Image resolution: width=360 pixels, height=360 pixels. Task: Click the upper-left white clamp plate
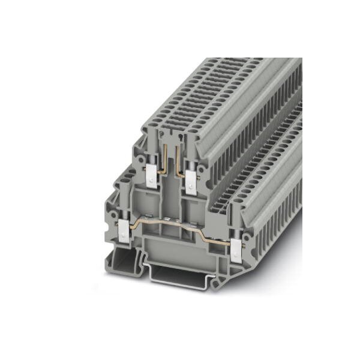(x=151, y=175)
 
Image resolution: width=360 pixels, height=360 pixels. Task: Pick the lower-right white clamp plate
(x=236, y=247)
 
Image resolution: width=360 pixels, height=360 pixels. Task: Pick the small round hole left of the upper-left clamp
(x=142, y=174)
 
